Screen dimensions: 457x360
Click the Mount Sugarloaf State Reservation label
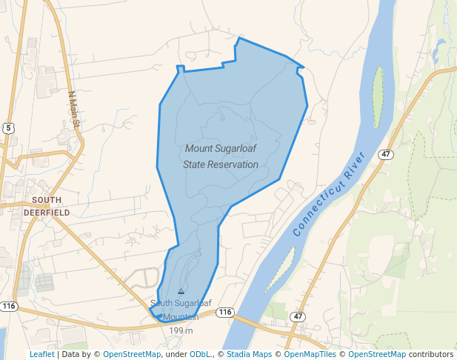(220, 156)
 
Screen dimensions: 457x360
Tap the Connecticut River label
(330, 193)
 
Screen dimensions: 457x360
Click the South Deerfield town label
(46, 206)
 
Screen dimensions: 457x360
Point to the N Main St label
(73, 109)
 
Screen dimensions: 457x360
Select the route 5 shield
(8, 128)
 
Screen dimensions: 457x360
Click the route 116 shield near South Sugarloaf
(226, 313)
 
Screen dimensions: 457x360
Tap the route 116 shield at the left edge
(9, 306)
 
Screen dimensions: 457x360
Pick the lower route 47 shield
(298, 316)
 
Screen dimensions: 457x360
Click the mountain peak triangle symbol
(181, 291)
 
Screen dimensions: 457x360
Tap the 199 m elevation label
(181, 330)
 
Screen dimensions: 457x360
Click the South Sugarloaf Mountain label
(175, 310)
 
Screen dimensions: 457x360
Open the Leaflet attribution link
(42, 355)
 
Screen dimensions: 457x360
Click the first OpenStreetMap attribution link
(132, 355)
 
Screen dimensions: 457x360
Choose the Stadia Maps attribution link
(252, 355)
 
